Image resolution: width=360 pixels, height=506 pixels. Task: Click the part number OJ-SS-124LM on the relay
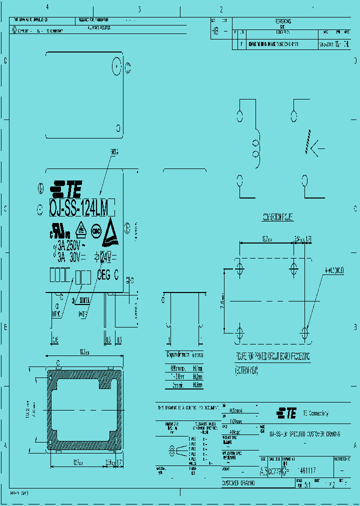coord(82,206)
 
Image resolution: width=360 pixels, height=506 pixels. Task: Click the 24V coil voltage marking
coord(106,257)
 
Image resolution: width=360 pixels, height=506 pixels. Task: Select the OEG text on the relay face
coord(103,274)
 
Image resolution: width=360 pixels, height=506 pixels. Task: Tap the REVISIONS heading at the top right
coord(283,21)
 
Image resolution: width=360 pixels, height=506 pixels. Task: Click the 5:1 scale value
coord(307,484)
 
